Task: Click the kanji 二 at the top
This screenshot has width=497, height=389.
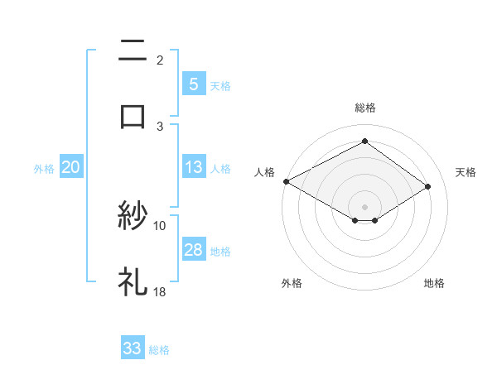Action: pyautogui.click(x=133, y=52)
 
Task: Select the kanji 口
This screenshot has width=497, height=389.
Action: pyautogui.click(x=133, y=115)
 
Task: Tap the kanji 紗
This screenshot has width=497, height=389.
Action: pyautogui.click(x=133, y=218)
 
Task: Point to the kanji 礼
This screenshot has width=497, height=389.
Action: pyautogui.click(x=133, y=281)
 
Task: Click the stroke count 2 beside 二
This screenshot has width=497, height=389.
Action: pyautogui.click(x=159, y=60)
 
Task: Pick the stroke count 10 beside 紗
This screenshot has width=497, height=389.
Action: pyautogui.click(x=160, y=225)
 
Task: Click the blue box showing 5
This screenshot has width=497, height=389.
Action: pyautogui.click(x=193, y=84)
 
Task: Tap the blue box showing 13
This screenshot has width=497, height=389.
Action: pyautogui.click(x=193, y=167)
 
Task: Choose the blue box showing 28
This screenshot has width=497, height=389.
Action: pyautogui.click(x=193, y=250)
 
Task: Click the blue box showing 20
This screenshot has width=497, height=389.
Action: pyautogui.click(x=70, y=167)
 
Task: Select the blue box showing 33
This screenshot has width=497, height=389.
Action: pyautogui.click(x=133, y=348)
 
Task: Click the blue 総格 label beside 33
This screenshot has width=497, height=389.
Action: pyautogui.click(x=159, y=350)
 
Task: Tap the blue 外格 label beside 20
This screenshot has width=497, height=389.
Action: pyautogui.click(x=44, y=169)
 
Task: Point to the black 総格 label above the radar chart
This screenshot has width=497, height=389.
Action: pyautogui.click(x=364, y=108)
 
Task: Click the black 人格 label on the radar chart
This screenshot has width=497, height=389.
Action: pyautogui.click(x=264, y=172)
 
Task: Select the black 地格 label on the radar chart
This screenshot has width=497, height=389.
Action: pyautogui.click(x=434, y=283)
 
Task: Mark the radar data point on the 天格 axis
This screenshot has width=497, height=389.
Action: pyautogui.click(x=428, y=187)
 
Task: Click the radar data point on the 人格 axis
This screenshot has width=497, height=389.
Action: pyautogui.click(x=286, y=181)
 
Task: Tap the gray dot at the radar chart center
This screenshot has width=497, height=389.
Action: pyautogui.click(x=364, y=205)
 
